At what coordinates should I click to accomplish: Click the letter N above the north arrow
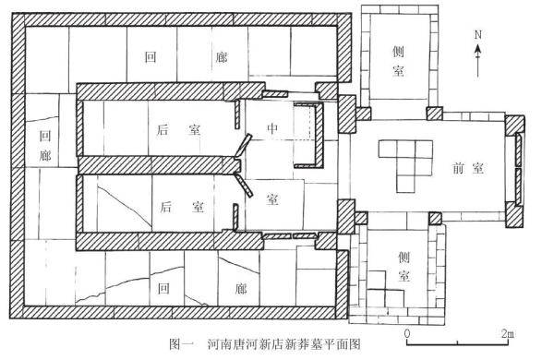477,34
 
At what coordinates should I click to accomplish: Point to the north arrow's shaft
477,60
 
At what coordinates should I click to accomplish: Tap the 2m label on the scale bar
508,332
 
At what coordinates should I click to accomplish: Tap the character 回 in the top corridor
151,57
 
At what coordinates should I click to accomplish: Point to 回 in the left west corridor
46,136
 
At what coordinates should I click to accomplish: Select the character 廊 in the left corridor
46,157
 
